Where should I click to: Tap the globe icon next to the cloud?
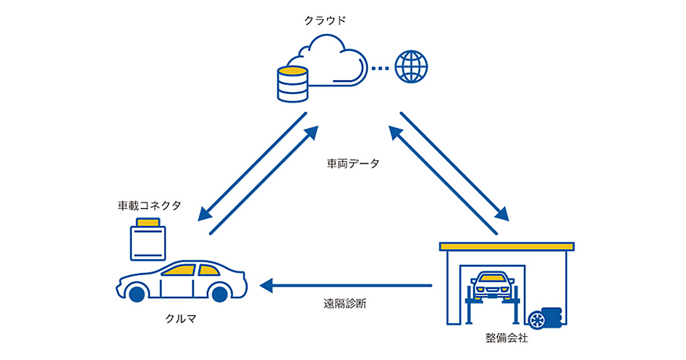tap(411, 66)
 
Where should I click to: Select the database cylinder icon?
tap(292, 84)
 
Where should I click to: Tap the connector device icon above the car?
tap(148, 240)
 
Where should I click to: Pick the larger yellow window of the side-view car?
tap(180, 270)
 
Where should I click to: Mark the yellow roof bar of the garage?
tap(506, 246)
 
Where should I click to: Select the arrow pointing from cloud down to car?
tap(252, 166)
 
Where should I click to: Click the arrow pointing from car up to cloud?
tap(263, 180)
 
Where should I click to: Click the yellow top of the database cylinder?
tap(292, 71)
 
